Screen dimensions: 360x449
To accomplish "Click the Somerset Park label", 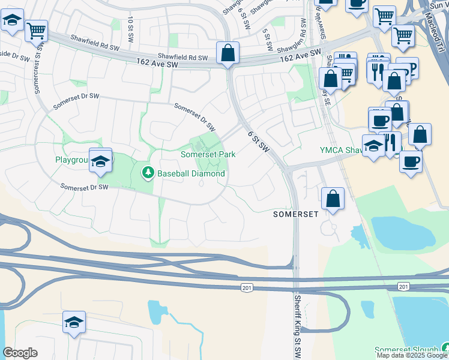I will click(x=208, y=154).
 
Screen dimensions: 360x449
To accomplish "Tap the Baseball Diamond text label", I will click(x=191, y=174).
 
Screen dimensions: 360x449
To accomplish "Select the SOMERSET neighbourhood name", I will click(x=295, y=214).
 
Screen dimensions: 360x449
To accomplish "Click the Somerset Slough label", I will click(x=406, y=350).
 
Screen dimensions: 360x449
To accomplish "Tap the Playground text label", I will click(x=72, y=160).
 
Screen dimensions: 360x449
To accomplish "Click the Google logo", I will click(x=20, y=353).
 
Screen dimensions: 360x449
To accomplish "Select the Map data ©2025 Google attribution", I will click(x=412, y=355).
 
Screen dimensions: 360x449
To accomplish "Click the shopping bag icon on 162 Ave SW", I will click(x=228, y=53).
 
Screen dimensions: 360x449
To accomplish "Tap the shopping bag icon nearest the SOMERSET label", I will click(x=333, y=199).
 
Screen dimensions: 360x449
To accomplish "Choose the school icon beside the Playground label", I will click(x=101, y=160).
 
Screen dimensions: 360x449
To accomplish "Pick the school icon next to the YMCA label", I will click(x=373, y=146).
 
